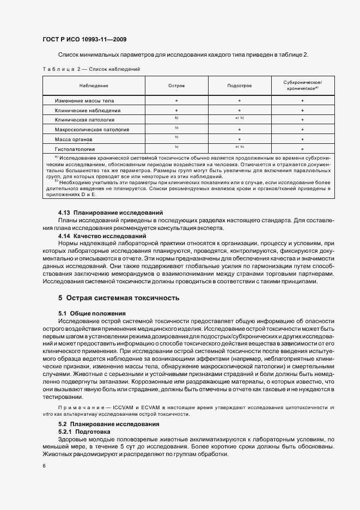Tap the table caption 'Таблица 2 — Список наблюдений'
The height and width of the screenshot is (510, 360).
point(91,69)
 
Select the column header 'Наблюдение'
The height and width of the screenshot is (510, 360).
point(94,86)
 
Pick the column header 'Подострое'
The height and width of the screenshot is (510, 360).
point(239,86)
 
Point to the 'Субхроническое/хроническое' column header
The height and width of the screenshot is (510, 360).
point(302,85)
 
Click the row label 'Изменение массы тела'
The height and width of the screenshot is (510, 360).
point(84,101)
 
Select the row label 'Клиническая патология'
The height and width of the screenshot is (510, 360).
point(84,120)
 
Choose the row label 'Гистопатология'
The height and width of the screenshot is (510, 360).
point(75,149)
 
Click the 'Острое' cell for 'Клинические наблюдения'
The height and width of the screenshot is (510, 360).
point(176,111)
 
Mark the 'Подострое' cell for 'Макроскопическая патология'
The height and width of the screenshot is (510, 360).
point(239,130)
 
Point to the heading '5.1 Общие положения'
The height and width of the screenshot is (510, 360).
point(91,313)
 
